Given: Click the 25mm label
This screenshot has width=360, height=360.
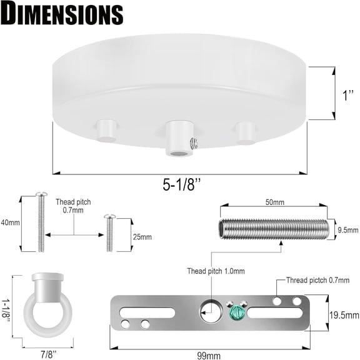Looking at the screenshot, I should (x=142, y=237).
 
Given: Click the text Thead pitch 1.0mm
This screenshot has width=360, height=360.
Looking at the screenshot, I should (x=216, y=271).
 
